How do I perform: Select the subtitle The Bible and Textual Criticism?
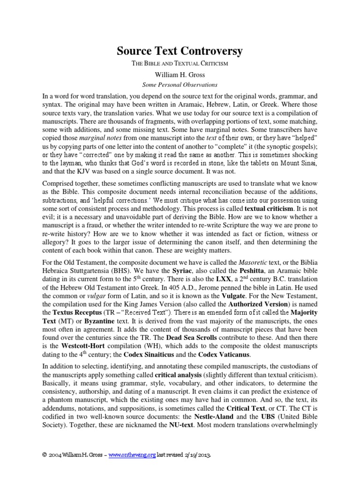[x=180, y=64]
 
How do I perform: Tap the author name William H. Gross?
[x=180, y=75]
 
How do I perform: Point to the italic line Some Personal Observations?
[x=180, y=85]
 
